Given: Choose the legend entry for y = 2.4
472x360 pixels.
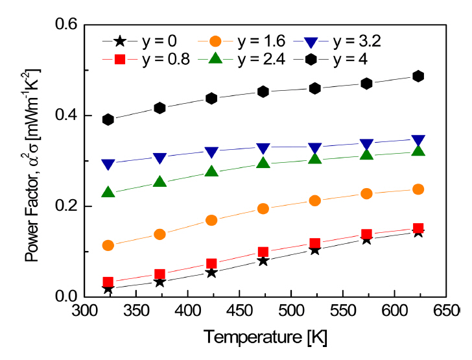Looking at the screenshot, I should coord(233,60).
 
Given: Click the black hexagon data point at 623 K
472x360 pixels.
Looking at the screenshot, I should coord(418,76).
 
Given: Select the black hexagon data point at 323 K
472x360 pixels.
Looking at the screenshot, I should coord(108,119).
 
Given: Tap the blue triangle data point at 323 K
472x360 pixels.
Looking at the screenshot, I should coord(108,165).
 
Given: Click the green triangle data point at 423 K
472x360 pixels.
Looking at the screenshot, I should coord(211,171).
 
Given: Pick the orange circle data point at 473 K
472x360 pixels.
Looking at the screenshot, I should coord(263,208).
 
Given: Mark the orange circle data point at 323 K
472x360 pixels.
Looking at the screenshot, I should coord(108,245).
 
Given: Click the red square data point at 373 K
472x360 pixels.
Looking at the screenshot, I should coord(159,274).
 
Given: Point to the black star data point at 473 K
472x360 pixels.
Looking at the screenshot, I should coord(263,260).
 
